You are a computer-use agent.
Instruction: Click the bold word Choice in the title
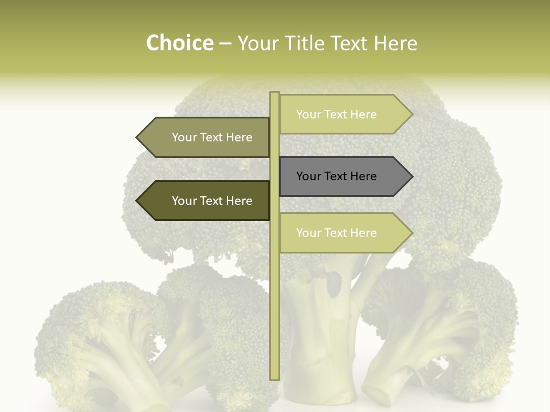[x=179, y=43]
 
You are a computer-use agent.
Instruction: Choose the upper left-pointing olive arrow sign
[x=206, y=137]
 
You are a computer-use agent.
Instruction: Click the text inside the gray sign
[x=336, y=176]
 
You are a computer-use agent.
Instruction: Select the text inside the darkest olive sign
[x=212, y=201]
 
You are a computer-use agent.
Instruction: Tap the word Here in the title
[x=395, y=43]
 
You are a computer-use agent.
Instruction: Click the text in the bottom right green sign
[x=336, y=233]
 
